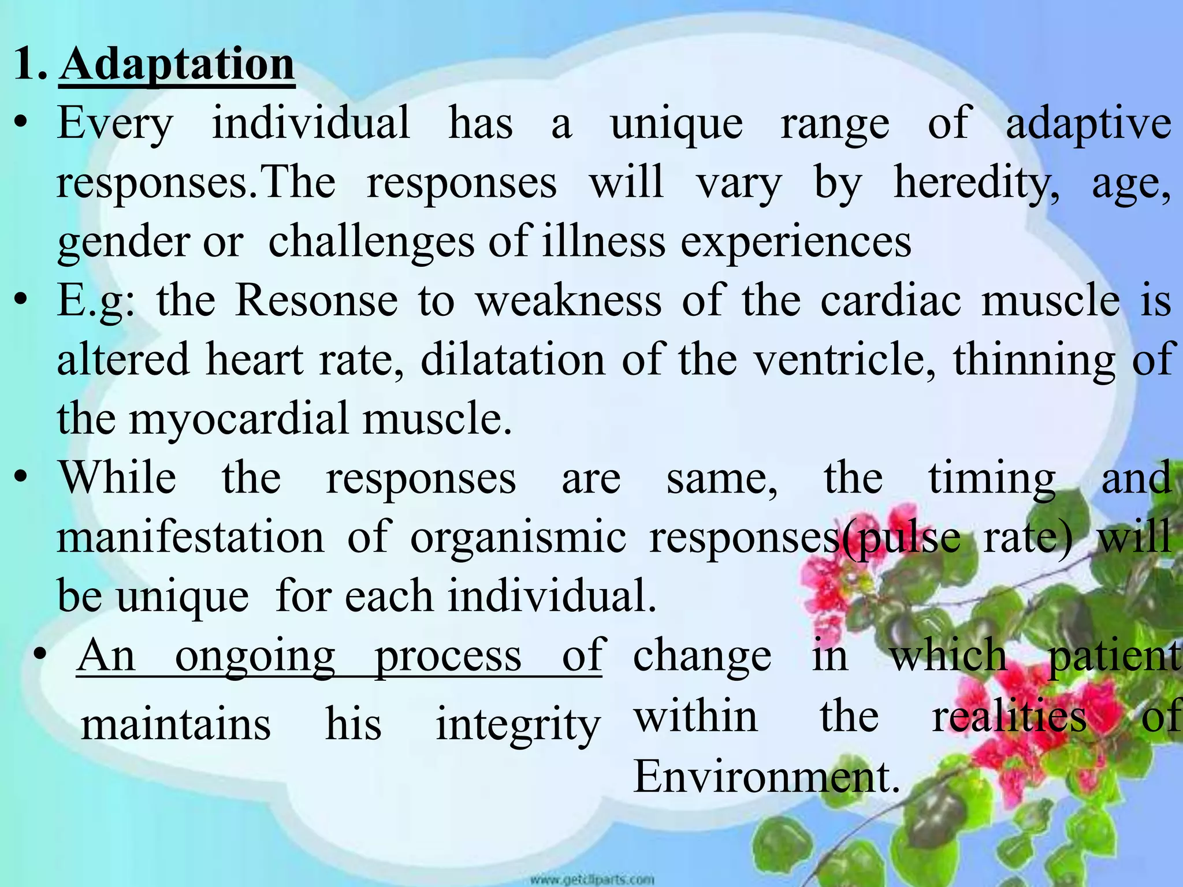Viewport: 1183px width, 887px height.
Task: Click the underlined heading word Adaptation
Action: (177, 65)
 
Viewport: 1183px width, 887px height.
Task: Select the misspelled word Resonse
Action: (317, 301)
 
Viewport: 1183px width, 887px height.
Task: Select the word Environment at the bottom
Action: (766, 777)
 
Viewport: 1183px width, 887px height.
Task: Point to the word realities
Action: (1010, 717)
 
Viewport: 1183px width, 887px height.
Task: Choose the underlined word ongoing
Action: (255, 657)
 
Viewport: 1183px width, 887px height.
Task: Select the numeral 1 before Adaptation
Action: (26, 65)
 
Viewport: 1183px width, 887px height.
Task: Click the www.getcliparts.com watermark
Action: (592, 879)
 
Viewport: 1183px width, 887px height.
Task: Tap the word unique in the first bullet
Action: (676, 125)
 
